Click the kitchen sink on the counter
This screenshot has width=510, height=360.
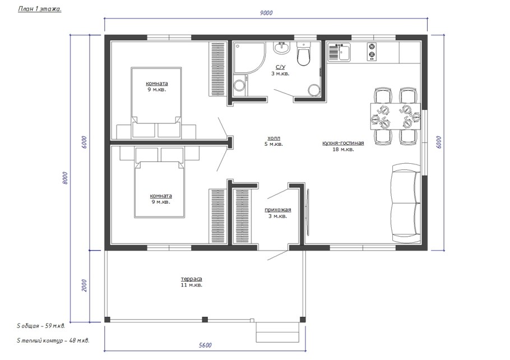tap(339, 52)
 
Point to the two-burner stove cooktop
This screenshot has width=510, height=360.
tap(372, 52)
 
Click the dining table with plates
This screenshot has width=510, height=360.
tap(396, 116)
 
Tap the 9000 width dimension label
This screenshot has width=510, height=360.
tap(266, 13)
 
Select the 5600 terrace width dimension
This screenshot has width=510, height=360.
tap(205, 345)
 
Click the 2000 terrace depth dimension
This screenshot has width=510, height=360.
tap(84, 285)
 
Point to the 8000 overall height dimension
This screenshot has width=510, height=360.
tap(64, 178)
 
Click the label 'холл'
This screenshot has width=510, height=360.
tap(273, 139)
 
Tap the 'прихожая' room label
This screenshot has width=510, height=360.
tap(278, 210)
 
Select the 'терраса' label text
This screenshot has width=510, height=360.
tap(192, 279)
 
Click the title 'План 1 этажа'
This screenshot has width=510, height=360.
tap(40, 9)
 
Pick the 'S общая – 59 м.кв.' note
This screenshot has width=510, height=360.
tap(41, 326)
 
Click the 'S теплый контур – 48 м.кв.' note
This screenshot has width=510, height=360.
tap(53, 341)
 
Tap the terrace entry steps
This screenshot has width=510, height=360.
tap(277, 332)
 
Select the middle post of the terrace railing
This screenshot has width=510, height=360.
tap(205, 320)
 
